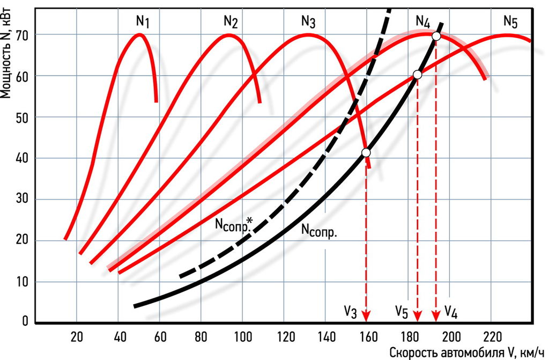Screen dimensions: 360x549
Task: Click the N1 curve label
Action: (143, 22)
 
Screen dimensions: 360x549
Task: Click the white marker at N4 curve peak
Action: (436, 36)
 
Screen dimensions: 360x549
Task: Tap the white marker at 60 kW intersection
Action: (418, 75)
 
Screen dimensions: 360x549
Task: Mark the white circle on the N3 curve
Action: (366, 153)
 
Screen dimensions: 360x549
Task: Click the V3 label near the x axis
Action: (351, 311)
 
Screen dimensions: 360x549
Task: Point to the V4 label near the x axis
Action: (451, 311)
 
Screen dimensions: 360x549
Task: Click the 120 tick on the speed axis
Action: (284, 336)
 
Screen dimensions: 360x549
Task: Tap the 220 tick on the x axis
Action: (489, 336)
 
